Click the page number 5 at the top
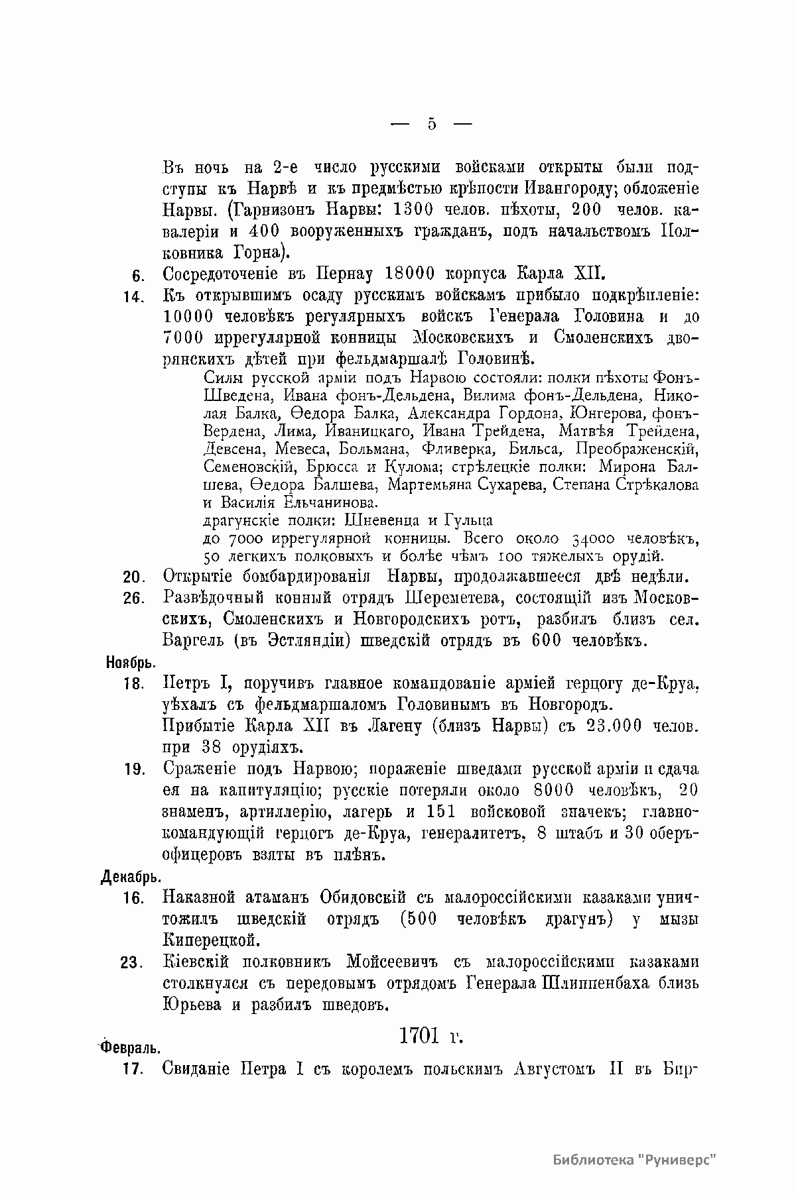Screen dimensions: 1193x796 tap(431, 124)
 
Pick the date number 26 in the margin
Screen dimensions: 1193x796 tap(134, 598)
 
